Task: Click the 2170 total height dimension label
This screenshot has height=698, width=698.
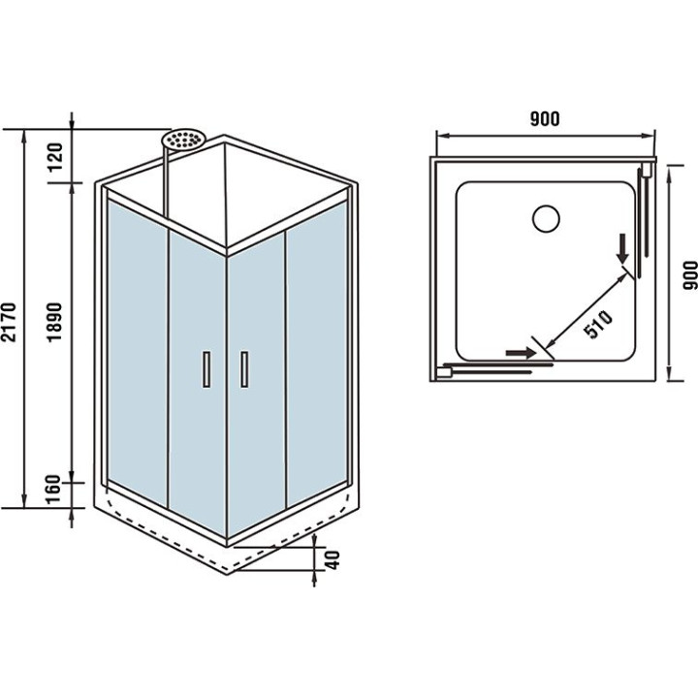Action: coord(9,322)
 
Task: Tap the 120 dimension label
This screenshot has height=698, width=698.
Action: coord(55,157)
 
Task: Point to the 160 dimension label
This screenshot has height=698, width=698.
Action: coord(54,490)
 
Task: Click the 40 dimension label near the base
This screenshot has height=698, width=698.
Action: coord(333,559)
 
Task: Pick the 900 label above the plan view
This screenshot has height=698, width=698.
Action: coord(545,119)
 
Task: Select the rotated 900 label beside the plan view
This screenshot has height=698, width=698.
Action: coord(690,275)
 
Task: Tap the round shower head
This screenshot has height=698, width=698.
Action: coord(182,139)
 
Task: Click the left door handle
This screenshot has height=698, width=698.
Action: coord(206,369)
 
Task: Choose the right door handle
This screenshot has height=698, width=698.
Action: coord(244,369)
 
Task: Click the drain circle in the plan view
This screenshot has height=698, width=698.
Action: coord(546,218)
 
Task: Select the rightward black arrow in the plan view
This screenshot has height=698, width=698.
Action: coord(521,353)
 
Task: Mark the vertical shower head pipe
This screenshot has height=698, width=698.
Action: coord(167,182)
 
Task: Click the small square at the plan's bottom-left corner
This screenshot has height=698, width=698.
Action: coord(444,372)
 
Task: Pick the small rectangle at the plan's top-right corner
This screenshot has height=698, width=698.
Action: coord(648,171)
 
